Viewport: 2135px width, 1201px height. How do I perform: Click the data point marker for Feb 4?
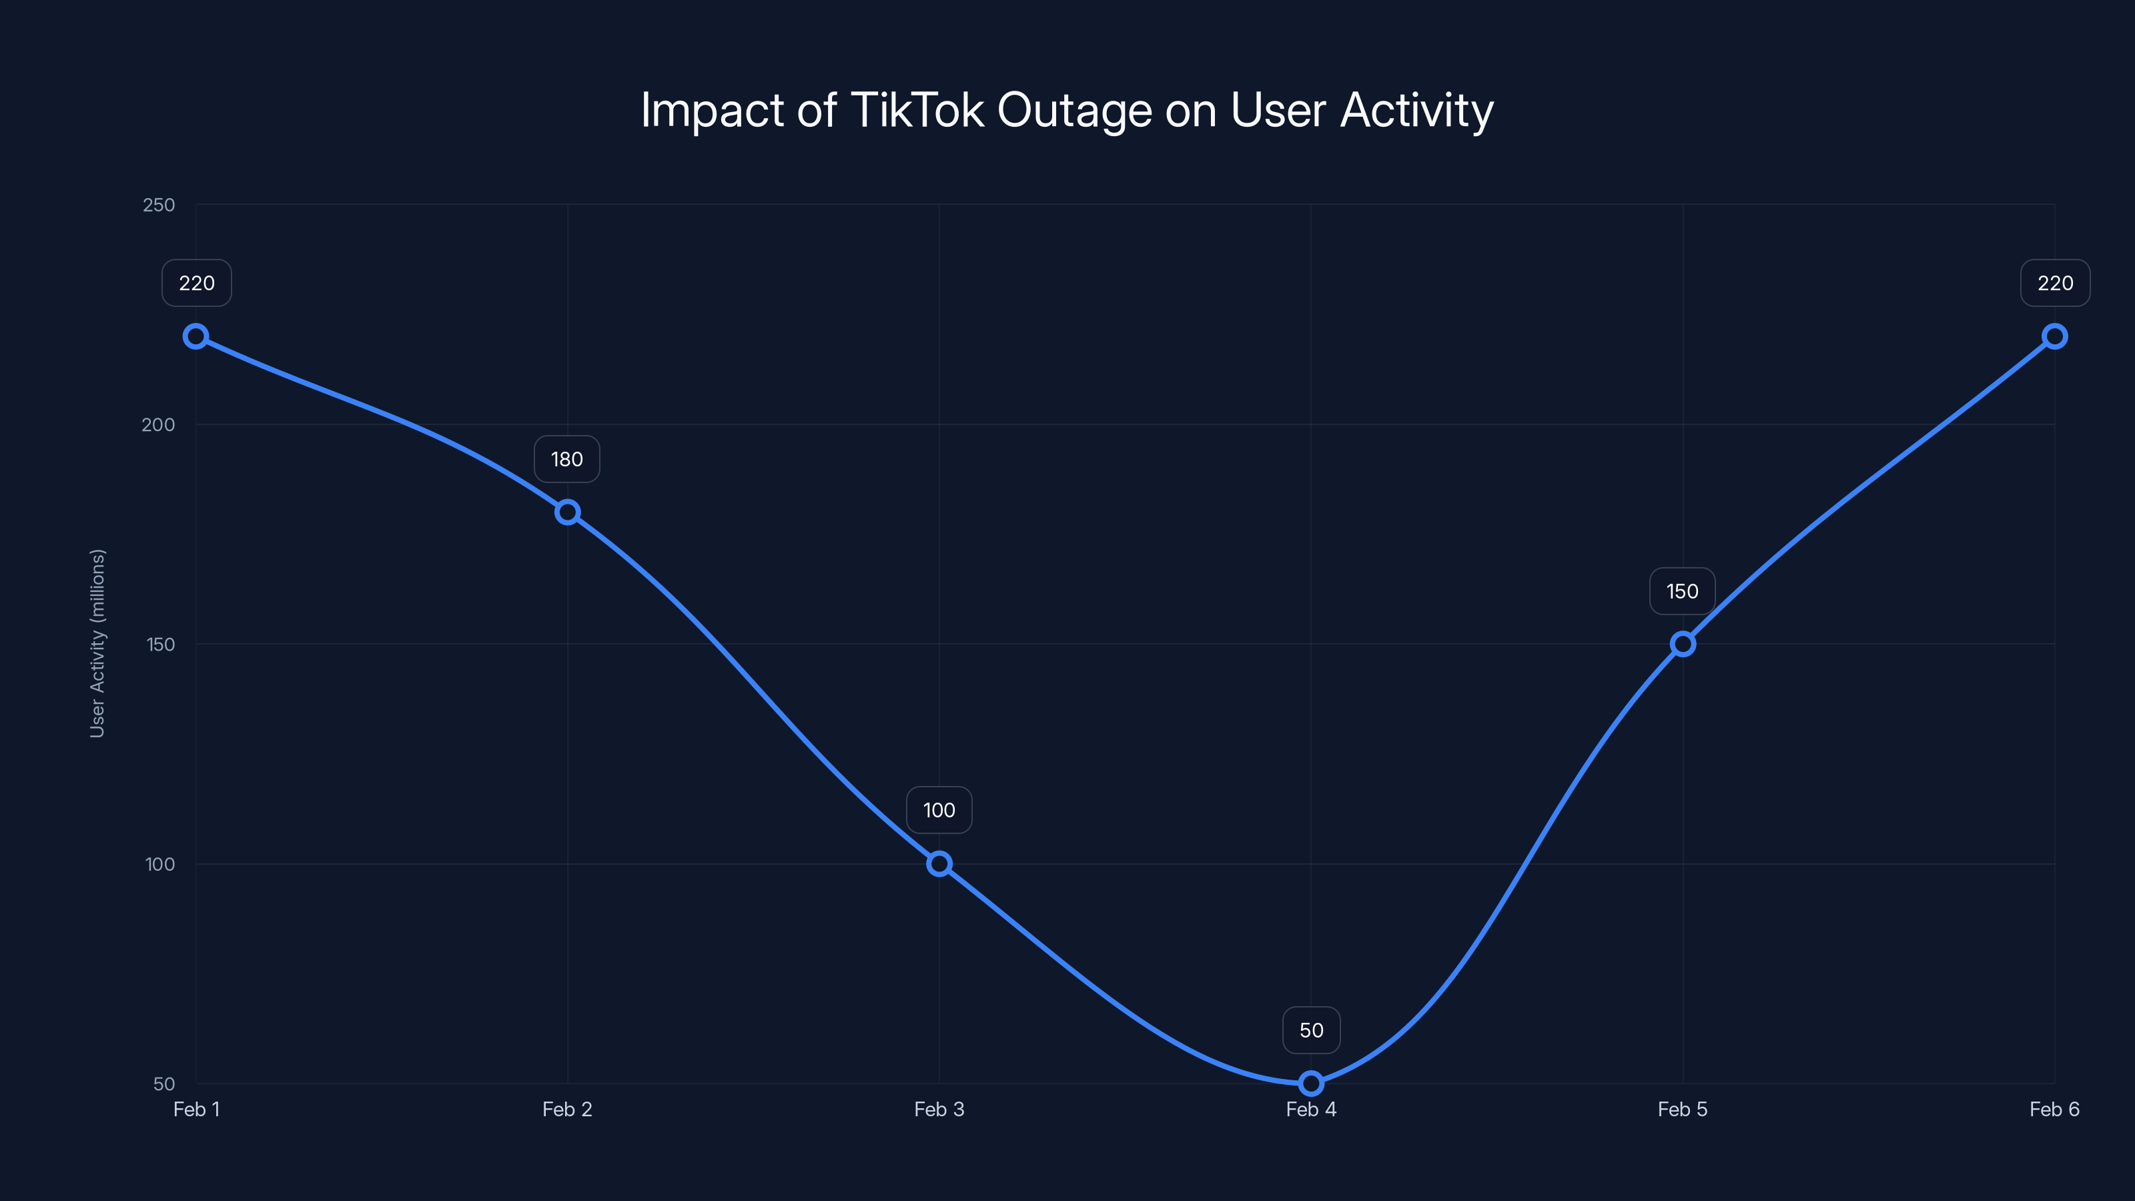(1310, 1082)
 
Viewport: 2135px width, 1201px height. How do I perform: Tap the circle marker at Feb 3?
(939, 863)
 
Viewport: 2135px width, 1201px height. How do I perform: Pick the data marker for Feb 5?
(1683, 644)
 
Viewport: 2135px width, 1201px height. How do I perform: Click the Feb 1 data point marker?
(195, 336)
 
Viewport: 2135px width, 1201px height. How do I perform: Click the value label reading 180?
(567, 459)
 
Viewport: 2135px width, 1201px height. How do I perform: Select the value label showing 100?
(939, 810)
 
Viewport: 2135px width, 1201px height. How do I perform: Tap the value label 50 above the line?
(1310, 1030)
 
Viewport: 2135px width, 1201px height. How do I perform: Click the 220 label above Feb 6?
(2055, 284)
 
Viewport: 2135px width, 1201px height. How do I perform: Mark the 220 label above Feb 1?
(196, 284)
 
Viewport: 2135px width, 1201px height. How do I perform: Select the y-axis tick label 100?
(160, 863)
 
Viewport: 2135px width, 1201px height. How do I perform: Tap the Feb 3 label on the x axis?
(939, 1109)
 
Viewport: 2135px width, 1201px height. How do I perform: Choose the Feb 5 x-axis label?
(1683, 1109)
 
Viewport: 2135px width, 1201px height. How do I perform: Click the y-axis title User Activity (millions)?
(98, 643)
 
